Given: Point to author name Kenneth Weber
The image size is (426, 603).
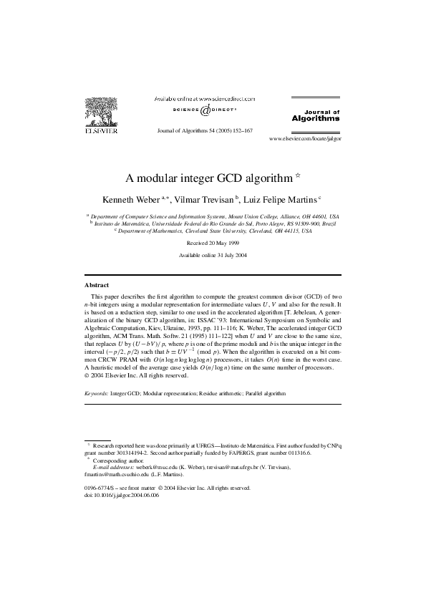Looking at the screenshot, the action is pyautogui.click(x=133, y=198).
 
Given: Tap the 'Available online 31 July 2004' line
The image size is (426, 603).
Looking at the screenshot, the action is pyautogui.click(x=212, y=256).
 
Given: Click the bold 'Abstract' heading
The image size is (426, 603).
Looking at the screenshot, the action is pyautogui.click(x=97, y=285).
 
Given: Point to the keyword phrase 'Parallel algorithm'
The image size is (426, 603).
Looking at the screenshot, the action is pyautogui.click(x=266, y=394).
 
